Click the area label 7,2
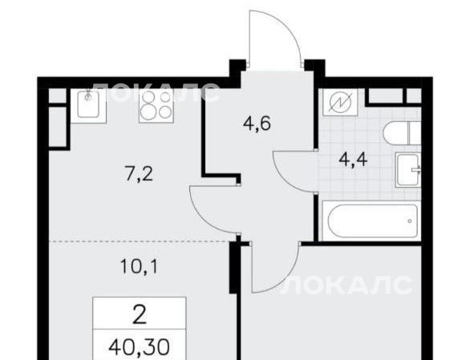click(139, 174)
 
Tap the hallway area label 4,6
click(257, 123)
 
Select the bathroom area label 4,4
click(353, 160)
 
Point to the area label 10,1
click(140, 267)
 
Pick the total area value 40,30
click(139, 347)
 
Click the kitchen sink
click(88, 106)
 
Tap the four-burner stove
click(156, 106)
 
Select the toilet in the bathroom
click(402, 133)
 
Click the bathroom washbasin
click(408, 169)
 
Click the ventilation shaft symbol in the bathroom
click(340, 102)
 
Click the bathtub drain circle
click(410, 221)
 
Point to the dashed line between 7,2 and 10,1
click(139, 241)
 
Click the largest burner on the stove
click(147, 111)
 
